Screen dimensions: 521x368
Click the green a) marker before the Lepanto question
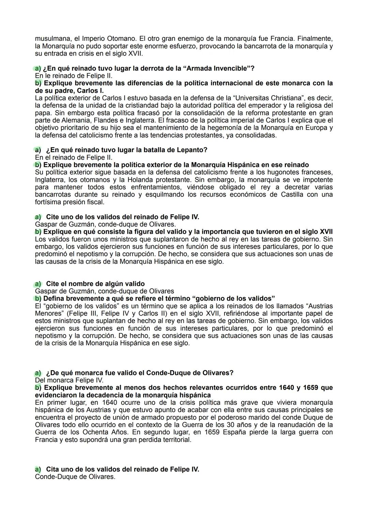[38, 150]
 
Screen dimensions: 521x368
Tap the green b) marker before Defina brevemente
[38, 299]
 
